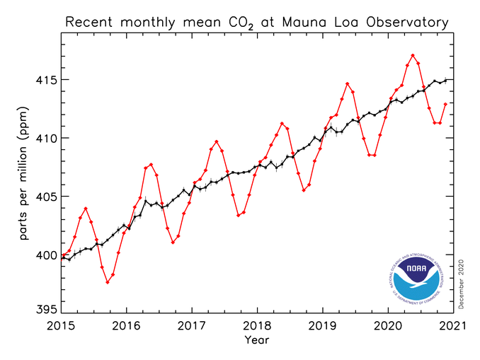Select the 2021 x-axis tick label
click(x=453, y=326)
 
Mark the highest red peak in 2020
click(x=413, y=55)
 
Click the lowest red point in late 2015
click(x=108, y=282)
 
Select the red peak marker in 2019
click(x=348, y=83)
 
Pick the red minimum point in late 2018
click(x=304, y=190)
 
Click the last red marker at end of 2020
click(x=445, y=104)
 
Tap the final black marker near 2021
click(x=445, y=80)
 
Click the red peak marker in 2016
click(x=151, y=164)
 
